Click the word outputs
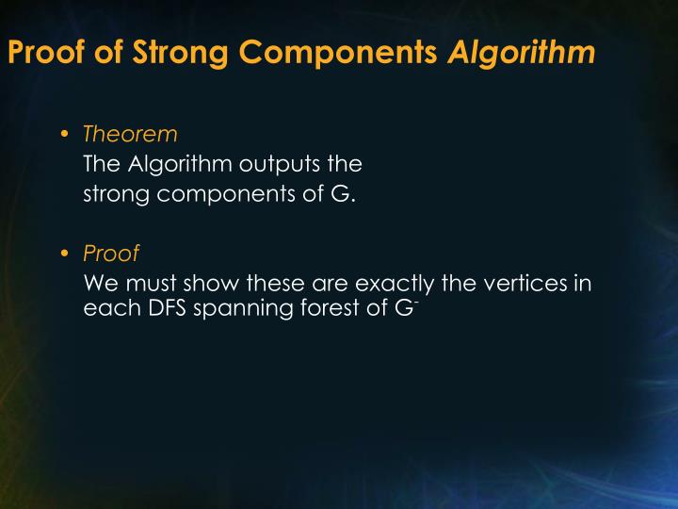(x=275, y=164)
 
